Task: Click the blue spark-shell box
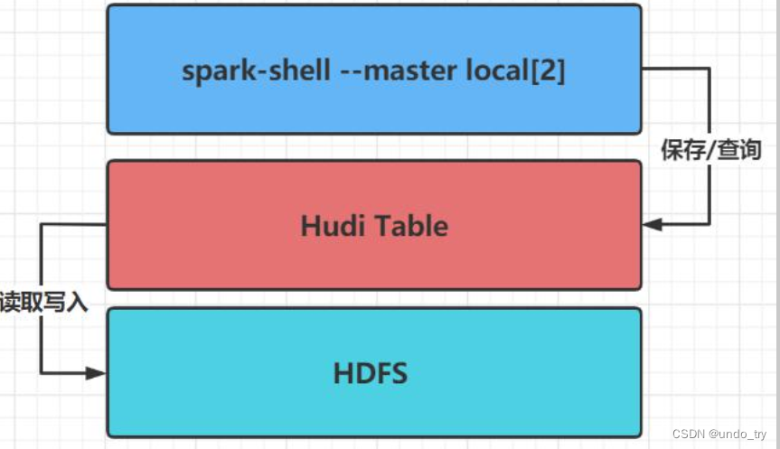pos(373,108)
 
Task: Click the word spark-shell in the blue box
pos(256,71)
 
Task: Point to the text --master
pos(388,70)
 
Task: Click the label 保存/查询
pos(710,150)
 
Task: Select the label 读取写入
pos(43,303)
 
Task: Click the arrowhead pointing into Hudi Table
pos(652,224)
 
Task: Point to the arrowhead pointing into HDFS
pos(96,372)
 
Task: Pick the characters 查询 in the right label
pos(740,150)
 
